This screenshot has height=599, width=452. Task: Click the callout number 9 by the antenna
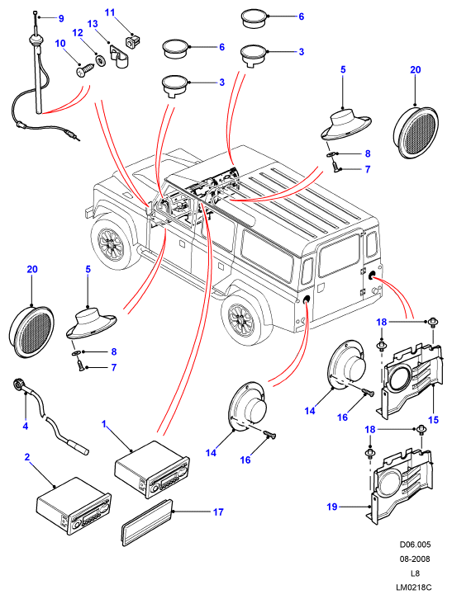(x=61, y=18)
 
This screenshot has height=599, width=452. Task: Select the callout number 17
(x=218, y=512)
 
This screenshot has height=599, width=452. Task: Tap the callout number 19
(x=332, y=507)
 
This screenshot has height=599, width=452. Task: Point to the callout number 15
(x=433, y=420)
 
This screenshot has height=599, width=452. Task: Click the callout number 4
(x=26, y=426)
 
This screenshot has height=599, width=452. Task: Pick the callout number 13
(x=93, y=24)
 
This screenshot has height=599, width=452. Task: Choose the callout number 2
(x=27, y=457)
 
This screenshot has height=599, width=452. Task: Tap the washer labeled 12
(x=101, y=60)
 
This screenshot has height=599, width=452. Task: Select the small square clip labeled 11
(x=133, y=40)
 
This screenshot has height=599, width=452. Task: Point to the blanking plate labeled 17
(x=146, y=524)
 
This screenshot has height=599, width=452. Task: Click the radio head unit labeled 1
(x=152, y=469)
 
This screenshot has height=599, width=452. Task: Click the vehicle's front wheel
(x=111, y=243)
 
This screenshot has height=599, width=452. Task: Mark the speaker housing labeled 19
(x=400, y=484)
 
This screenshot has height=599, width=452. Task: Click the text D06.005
(x=415, y=545)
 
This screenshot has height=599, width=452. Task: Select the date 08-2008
(x=415, y=559)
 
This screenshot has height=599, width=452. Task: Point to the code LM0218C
(x=415, y=588)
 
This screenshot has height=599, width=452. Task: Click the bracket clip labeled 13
(x=119, y=57)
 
